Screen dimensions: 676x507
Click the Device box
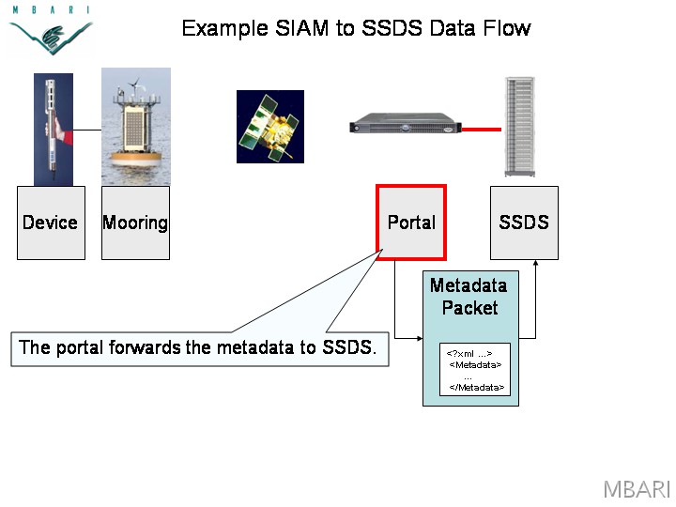point(51,223)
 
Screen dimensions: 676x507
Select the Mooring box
point(135,223)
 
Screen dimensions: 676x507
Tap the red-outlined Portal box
point(411,223)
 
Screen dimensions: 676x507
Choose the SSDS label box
point(524,223)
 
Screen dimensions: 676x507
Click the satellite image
point(270,127)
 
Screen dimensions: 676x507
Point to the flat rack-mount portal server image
point(406,123)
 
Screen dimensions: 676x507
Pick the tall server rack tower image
point(520,127)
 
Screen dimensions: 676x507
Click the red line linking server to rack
point(481,129)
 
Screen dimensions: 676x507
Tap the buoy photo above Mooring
point(136,127)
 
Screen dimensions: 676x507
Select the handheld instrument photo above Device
point(54,130)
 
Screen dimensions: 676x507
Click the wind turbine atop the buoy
point(135,85)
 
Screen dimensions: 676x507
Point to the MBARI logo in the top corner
point(51,30)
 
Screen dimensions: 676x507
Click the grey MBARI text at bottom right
point(637,489)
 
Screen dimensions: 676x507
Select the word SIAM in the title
point(301,28)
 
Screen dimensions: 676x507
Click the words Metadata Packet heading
point(469,297)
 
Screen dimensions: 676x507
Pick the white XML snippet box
point(475,370)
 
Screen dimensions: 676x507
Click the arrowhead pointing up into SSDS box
point(535,263)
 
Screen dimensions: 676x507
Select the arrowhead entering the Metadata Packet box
point(420,338)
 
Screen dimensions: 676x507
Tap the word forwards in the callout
point(145,347)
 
